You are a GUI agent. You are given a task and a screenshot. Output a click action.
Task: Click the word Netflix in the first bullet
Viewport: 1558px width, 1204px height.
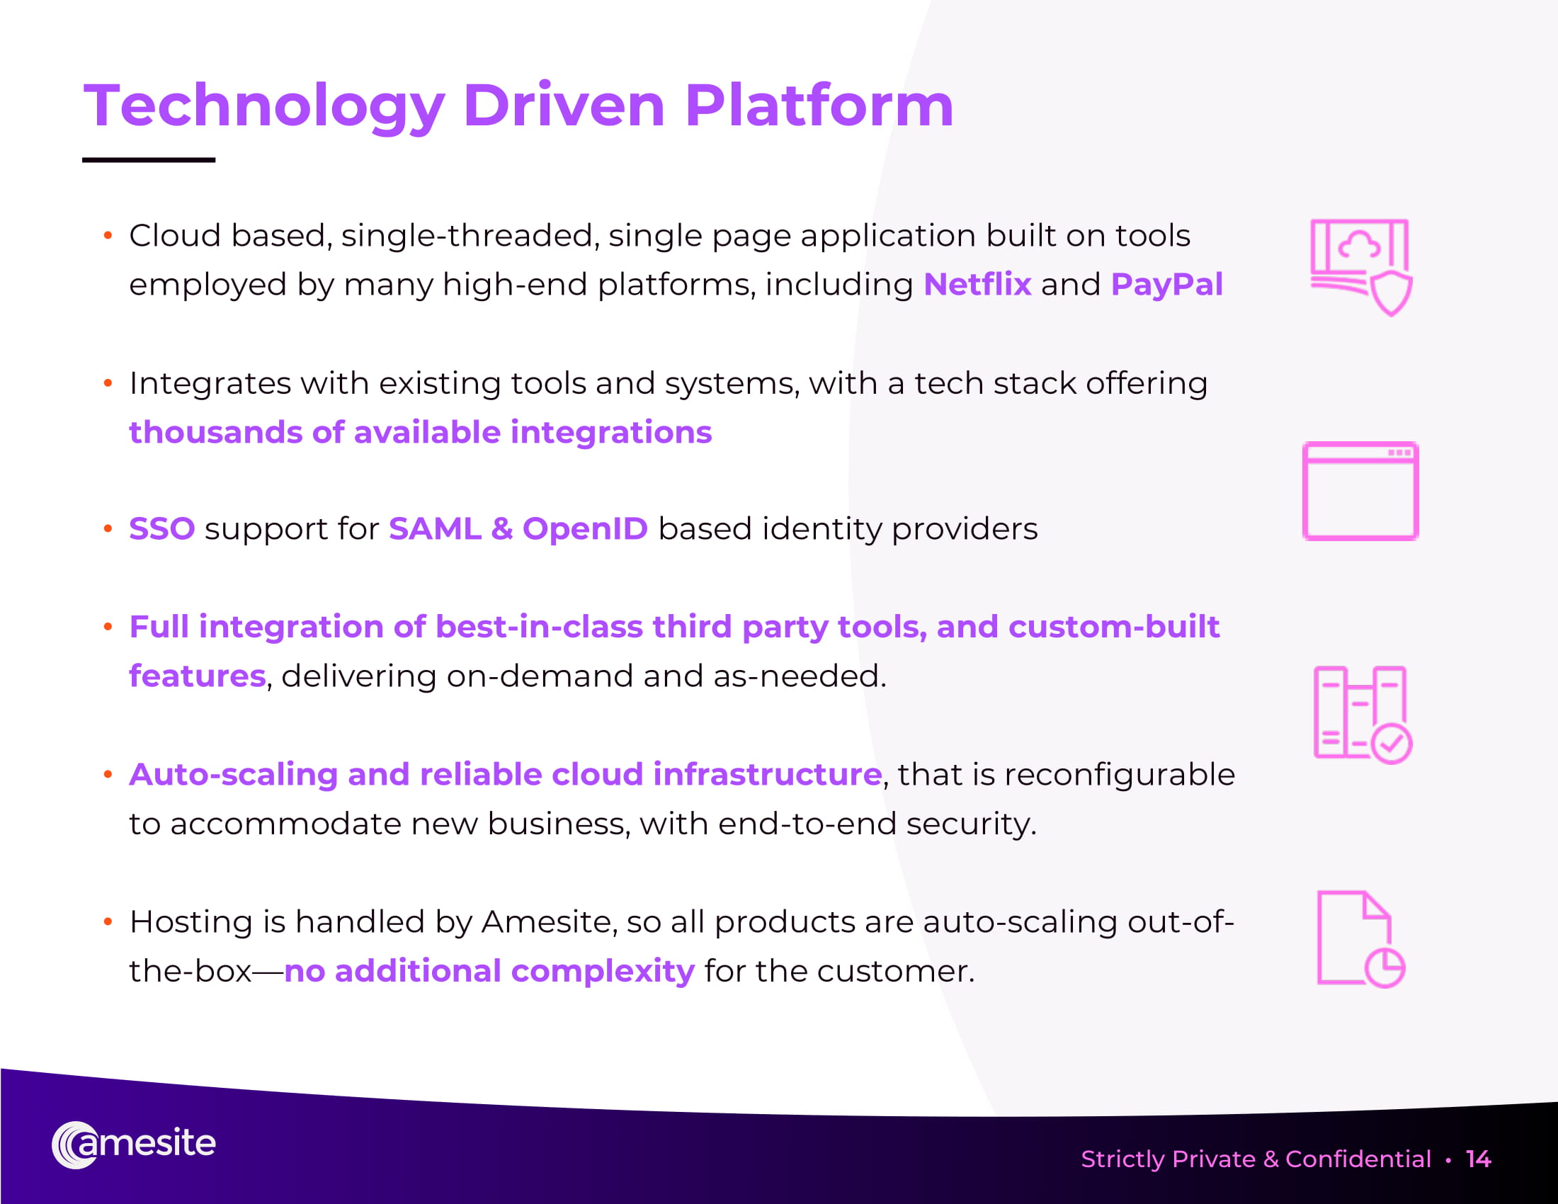pyautogui.click(x=977, y=284)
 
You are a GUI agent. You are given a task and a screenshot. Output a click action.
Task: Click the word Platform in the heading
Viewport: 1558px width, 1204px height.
pyautogui.click(x=819, y=105)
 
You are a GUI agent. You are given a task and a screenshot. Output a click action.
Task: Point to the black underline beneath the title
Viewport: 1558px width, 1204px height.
pyautogui.click(x=149, y=160)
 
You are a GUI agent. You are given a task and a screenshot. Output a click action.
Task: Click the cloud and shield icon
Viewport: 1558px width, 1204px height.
pyautogui.click(x=1361, y=267)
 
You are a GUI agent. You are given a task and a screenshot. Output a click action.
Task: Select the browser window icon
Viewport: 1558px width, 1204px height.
pyautogui.click(x=1360, y=491)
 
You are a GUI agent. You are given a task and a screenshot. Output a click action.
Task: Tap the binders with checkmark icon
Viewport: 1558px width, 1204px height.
pyautogui.click(x=1363, y=715)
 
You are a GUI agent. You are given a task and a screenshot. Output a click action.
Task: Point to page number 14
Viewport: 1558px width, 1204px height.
pyautogui.click(x=1478, y=1159)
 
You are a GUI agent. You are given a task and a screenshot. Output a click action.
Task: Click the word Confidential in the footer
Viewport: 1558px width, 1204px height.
pyautogui.click(x=1358, y=1159)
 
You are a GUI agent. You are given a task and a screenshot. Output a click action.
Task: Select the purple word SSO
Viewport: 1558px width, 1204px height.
pyautogui.click(x=162, y=529)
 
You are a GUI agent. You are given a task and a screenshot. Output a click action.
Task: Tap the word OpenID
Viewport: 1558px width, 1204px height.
pyautogui.click(x=585, y=529)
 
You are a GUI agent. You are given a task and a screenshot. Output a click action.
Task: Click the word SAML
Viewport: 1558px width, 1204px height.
pyautogui.click(x=435, y=529)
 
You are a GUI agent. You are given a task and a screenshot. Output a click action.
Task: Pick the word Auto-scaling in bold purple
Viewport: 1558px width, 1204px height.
pyautogui.click(x=233, y=775)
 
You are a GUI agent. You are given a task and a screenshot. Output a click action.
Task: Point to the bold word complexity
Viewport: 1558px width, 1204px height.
pyautogui.click(x=603, y=972)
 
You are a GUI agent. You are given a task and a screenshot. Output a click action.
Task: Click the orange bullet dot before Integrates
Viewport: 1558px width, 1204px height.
pyautogui.click(x=108, y=383)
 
